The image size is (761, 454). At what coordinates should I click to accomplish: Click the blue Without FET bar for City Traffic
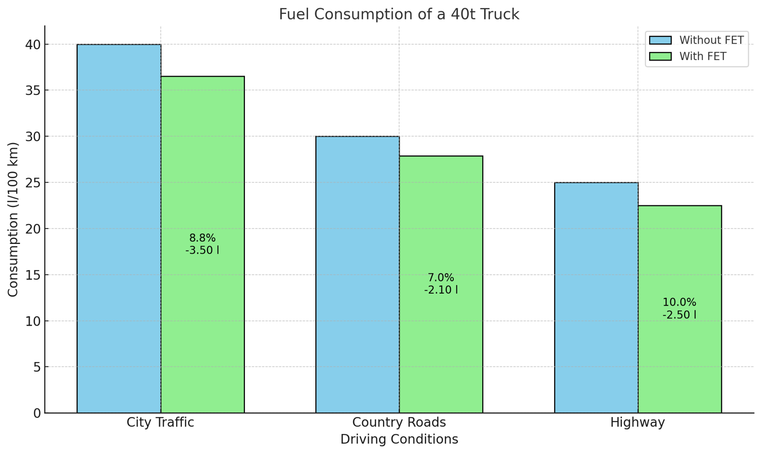click(119, 229)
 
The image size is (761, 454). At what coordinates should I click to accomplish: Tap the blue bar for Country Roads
click(357, 275)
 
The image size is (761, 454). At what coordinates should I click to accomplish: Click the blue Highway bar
click(596, 298)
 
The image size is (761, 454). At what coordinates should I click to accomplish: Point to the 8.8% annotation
click(202, 238)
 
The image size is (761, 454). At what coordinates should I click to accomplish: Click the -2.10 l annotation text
click(441, 290)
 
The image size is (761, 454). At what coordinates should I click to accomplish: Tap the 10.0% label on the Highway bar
click(679, 302)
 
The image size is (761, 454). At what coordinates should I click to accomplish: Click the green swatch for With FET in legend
click(660, 56)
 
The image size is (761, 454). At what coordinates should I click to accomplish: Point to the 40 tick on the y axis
click(33, 45)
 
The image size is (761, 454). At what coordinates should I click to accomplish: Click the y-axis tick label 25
click(33, 183)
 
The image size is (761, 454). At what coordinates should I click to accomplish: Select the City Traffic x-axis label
click(160, 423)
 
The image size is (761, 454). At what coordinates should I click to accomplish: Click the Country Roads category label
click(399, 423)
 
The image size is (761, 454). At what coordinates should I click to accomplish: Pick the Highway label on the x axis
click(637, 423)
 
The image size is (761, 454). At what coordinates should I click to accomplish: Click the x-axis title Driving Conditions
click(399, 440)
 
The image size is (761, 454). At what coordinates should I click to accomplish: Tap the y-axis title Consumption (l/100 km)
click(13, 219)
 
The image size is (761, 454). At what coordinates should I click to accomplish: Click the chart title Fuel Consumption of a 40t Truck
click(399, 14)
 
